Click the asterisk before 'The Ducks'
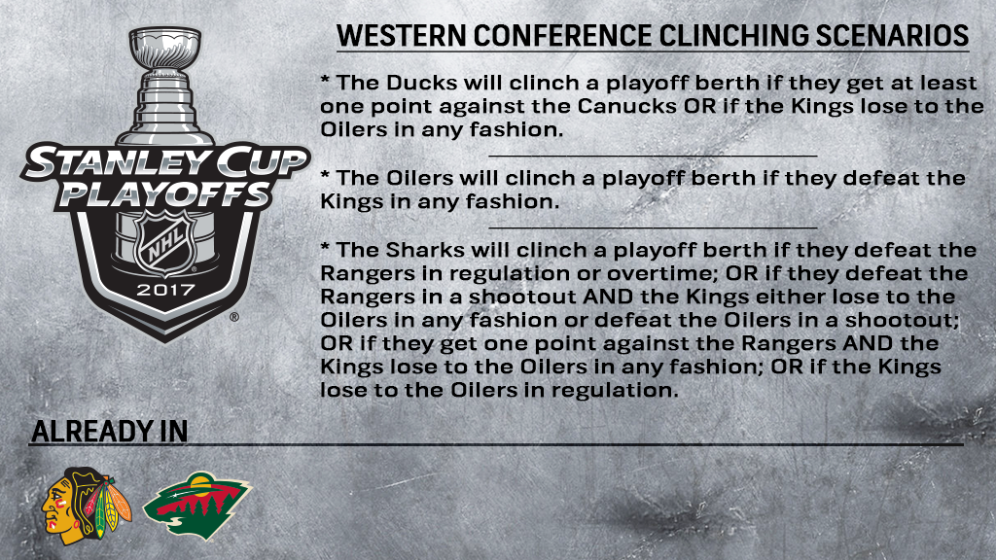tap(326, 80)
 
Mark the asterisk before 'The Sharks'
tap(326, 247)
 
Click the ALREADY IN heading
tap(109, 432)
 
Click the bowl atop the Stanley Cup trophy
tap(164, 44)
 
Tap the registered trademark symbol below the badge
tap(233, 318)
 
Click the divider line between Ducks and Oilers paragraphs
tap(652, 155)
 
